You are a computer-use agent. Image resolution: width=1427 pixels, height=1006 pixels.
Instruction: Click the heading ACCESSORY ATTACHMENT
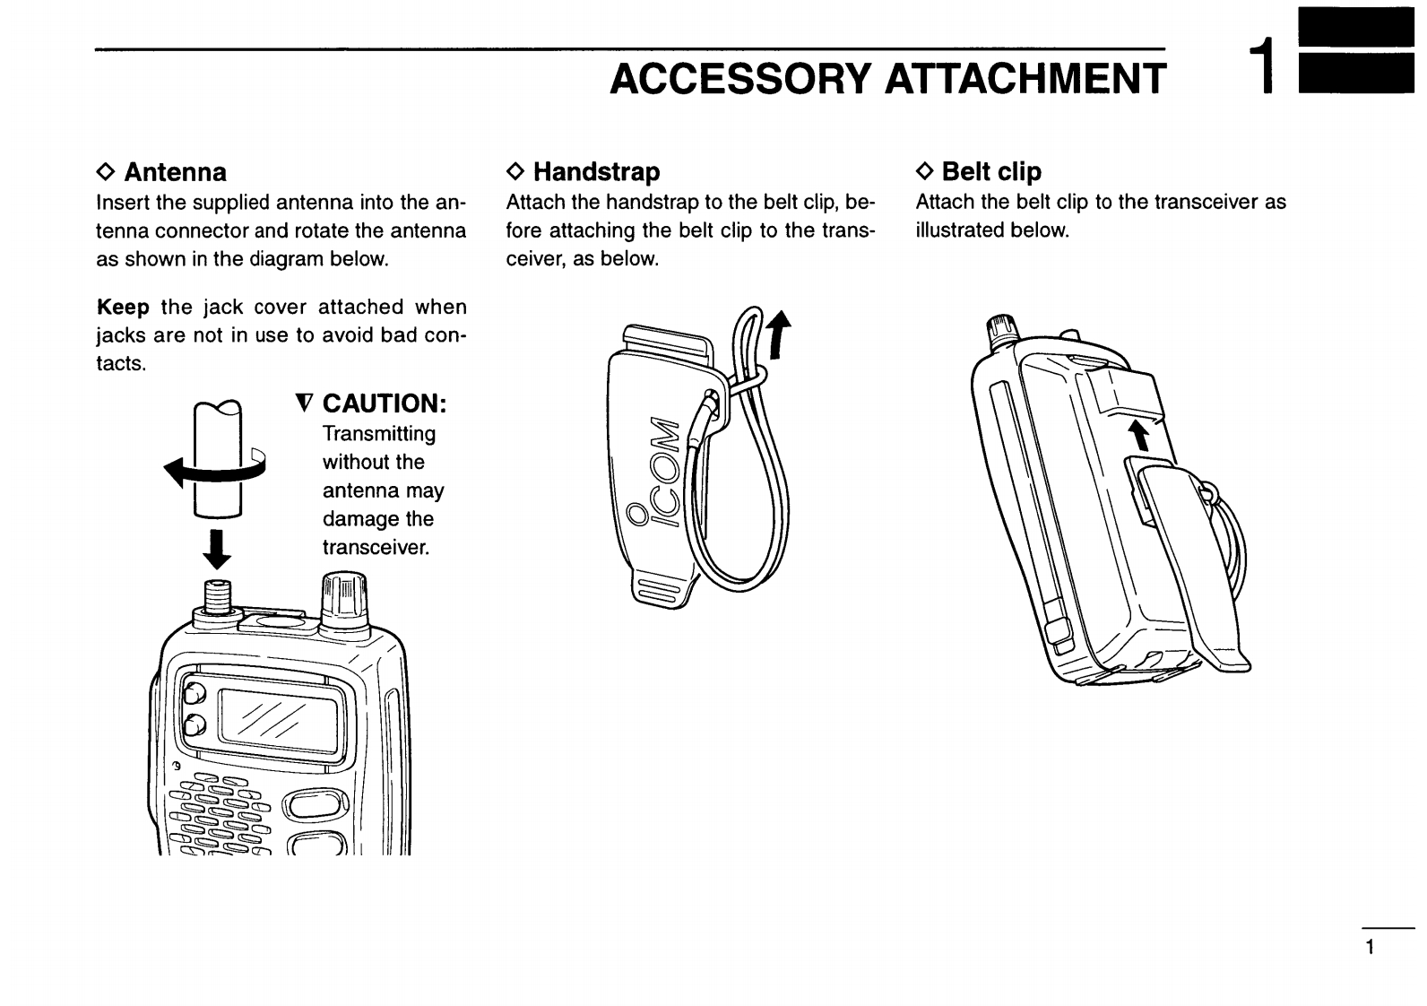(x=887, y=79)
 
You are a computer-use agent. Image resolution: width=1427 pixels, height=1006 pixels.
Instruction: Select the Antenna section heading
(x=175, y=172)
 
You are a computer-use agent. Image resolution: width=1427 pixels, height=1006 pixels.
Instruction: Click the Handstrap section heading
(x=596, y=171)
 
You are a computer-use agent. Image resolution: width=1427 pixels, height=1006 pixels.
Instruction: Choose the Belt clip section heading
(x=991, y=171)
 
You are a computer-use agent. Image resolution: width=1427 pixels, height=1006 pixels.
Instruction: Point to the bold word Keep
(x=123, y=308)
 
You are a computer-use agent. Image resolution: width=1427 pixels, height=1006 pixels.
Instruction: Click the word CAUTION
(x=384, y=403)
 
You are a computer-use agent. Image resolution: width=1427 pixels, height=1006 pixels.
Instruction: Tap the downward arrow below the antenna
(x=217, y=549)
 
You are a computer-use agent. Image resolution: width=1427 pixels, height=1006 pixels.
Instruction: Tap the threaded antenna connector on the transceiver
(x=217, y=595)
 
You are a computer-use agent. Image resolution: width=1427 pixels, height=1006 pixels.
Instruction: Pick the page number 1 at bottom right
(x=1370, y=948)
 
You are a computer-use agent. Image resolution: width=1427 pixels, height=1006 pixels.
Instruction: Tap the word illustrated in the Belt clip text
(x=959, y=230)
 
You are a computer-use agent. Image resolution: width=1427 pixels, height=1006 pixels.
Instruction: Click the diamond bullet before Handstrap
(x=514, y=171)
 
